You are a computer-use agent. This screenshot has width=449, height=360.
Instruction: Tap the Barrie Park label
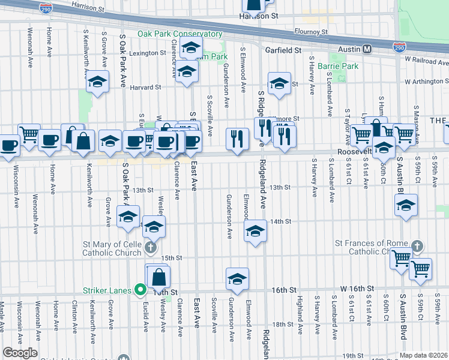point(338,65)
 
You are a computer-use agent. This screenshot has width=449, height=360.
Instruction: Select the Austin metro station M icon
point(366,49)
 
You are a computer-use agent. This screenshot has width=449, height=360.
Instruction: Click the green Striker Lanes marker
point(141,290)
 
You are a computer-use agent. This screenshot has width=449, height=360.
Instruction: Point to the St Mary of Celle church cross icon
point(150,247)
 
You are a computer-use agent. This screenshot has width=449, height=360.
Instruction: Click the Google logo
point(20,352)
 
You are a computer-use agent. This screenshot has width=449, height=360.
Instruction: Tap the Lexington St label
point(147,53)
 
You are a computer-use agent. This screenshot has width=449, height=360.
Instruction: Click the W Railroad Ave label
point(426,59)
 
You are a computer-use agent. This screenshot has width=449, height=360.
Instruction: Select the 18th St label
point(282,324)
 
